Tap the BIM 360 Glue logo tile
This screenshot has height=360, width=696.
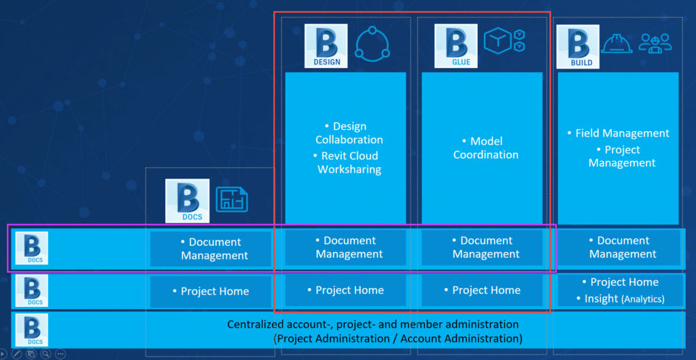click(456, 46)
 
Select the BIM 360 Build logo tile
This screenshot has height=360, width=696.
click(578, 47)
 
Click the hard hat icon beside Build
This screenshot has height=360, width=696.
click(616, 43)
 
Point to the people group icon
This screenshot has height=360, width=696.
click(655, 43)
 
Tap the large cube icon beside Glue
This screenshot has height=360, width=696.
click(498, 41)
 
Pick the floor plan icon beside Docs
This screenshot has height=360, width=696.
click(232, 199)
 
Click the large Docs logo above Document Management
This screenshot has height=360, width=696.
click(187, 201)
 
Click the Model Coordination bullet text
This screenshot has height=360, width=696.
click(485, 148)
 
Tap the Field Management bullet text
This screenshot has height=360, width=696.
click(619, 133)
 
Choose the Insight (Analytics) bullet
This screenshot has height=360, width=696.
click(620, 299)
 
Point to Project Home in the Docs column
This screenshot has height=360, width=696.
click(211, 291)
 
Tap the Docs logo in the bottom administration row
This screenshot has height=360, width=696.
click(31, 330)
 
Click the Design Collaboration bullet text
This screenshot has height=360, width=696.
click(349, 133)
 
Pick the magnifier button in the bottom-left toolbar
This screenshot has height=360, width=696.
click(46, 354)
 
